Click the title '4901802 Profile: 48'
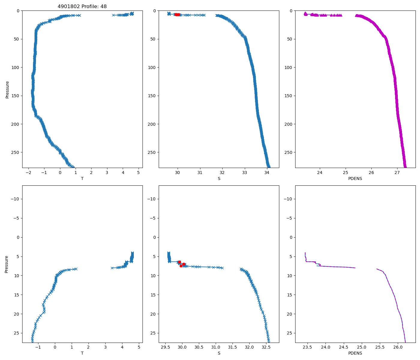click(x=82, y=6)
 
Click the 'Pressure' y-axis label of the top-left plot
click(x=7, y=89)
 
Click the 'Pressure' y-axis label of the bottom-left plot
click(x=7, y=264)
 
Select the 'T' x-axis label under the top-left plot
click(x=82, y=178)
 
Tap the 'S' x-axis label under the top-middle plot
click(x=219, y=178)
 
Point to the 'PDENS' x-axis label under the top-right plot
click(x=355, y=178)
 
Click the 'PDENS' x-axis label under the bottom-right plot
click(x=355, y=353)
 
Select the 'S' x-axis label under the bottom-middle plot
click(x=219, y=353)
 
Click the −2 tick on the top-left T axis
click(x=28, y=172)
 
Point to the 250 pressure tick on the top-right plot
click(x=288, y=152)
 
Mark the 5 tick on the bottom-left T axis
click(x=139, y=347)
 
